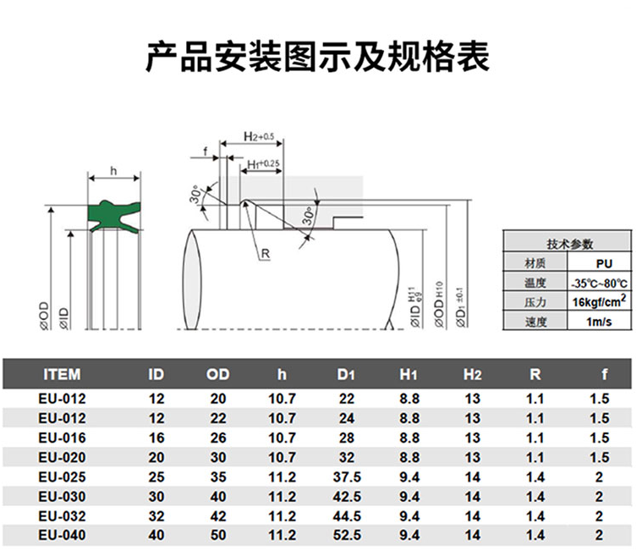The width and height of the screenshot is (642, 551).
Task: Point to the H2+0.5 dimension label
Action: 258,136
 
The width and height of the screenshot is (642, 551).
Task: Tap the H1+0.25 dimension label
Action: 263,163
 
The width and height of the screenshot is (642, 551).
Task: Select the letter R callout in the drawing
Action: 265,254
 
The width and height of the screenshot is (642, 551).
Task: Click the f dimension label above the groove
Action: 206,152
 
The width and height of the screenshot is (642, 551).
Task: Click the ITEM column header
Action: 62,373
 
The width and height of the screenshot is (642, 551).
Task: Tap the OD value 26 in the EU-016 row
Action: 217,438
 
